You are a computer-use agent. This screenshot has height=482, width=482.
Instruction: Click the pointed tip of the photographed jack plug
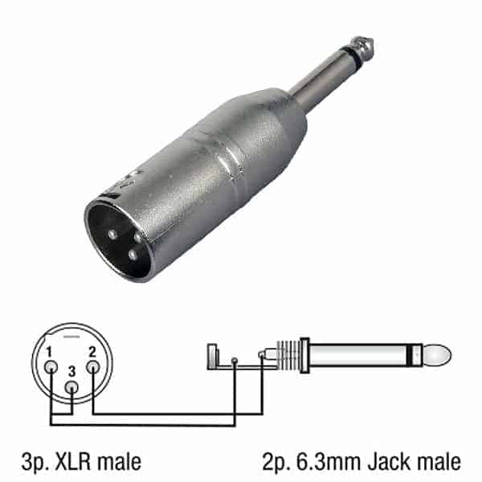(x=372, y=39)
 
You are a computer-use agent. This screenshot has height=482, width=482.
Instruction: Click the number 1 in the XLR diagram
(x=49, y=352)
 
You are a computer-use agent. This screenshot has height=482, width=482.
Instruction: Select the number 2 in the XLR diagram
(x=92, y=352)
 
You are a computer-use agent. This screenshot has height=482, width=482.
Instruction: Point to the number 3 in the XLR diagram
(x=71, y=371)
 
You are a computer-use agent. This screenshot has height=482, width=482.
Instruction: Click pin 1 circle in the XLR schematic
(x=51, y=367)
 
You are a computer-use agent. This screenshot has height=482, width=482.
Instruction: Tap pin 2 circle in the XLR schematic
(x=93, y=367)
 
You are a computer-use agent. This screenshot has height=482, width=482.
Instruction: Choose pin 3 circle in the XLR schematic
(x=71, y=387)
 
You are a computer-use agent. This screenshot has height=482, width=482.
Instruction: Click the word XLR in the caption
(x=72, y=462)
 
